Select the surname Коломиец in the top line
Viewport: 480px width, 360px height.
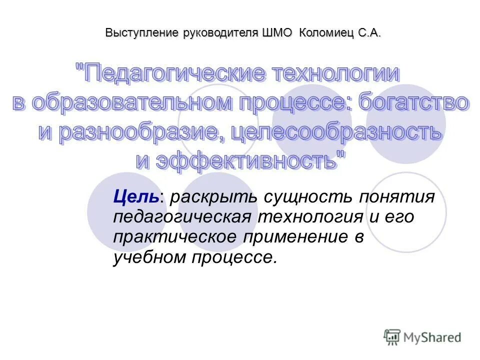coord(326,33)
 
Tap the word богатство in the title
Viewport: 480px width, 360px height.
coord(414,103)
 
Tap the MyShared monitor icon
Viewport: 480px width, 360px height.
coord(392,337)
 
